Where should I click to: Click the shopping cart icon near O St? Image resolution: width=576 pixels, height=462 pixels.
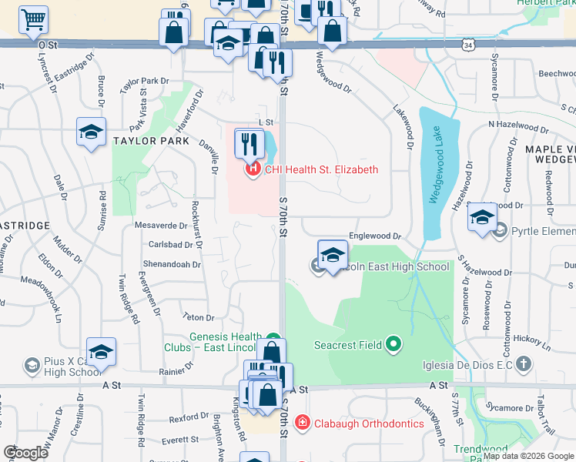click(x=33, y=20)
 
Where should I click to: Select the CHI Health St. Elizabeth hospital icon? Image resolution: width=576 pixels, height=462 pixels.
click(x=251, y=169)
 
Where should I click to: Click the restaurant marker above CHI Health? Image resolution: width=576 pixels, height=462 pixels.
click(x=249, y=143)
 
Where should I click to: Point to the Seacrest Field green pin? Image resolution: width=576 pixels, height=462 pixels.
click(x=393, y=343)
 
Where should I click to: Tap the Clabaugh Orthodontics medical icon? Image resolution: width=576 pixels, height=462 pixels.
click(x=303, y=423)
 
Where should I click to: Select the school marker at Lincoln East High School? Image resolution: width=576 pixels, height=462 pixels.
click(x=333, y=255)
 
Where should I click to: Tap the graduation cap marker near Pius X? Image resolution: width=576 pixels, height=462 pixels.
click(x=101, y=353)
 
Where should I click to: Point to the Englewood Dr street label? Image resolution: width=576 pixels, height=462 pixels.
click(x=376, y=236)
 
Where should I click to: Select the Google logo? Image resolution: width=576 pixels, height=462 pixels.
click(x=26, y=452)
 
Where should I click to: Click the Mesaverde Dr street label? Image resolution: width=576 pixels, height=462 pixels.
click(x=161, y=226)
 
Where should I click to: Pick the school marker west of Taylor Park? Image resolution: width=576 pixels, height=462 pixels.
click(x=91, y=132)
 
